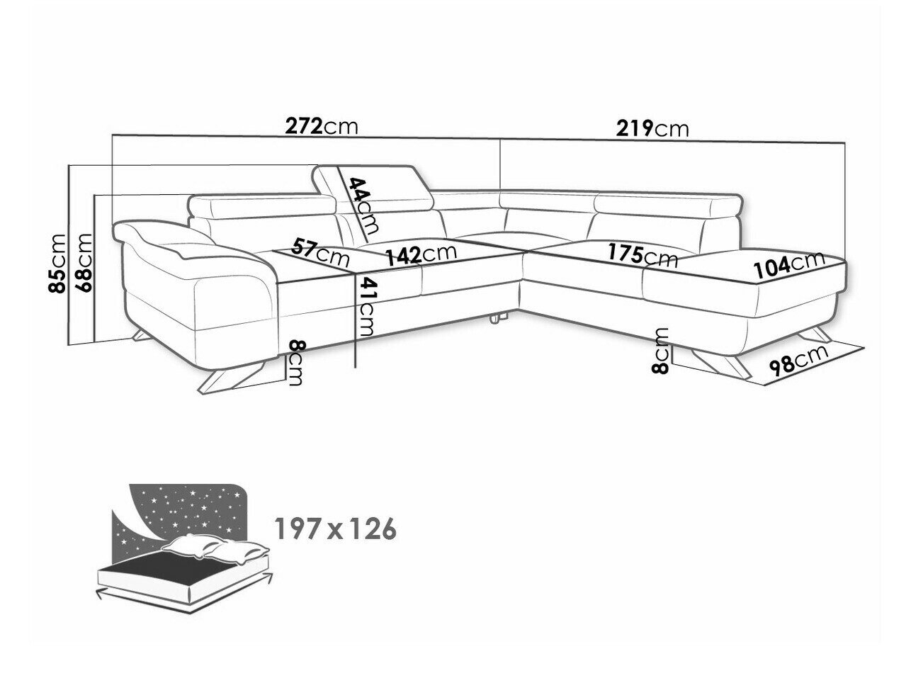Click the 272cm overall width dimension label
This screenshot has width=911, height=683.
click(321, 127)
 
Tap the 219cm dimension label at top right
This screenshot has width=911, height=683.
click(652, 129)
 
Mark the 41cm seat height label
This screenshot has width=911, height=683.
click(366, 307)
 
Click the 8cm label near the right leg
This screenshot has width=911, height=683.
click(660, 351)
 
